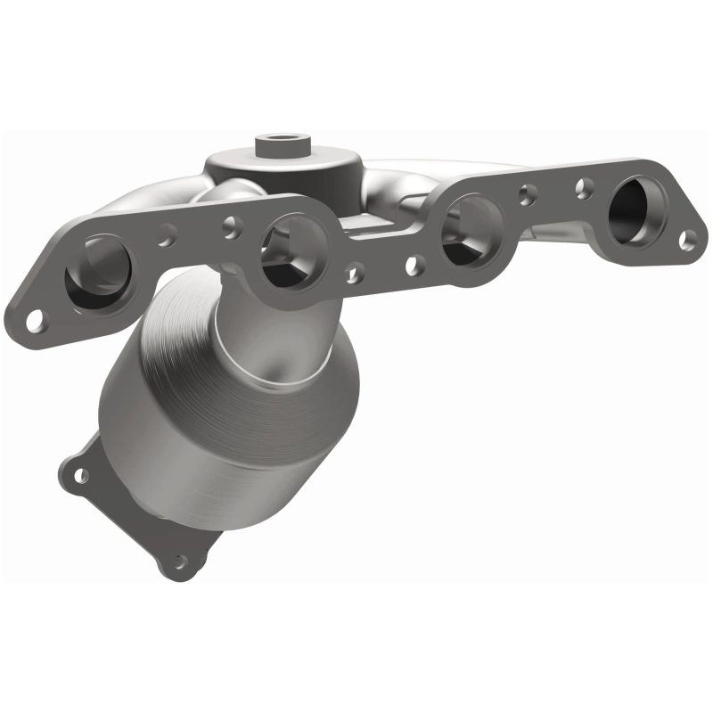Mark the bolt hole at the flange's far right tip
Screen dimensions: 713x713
[686, 239]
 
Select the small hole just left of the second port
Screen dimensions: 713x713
[229, 224]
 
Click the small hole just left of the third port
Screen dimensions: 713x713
[413, 265]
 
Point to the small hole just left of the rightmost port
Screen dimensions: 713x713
[586, 186]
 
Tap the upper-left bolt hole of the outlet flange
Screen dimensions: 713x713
[81, 475]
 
